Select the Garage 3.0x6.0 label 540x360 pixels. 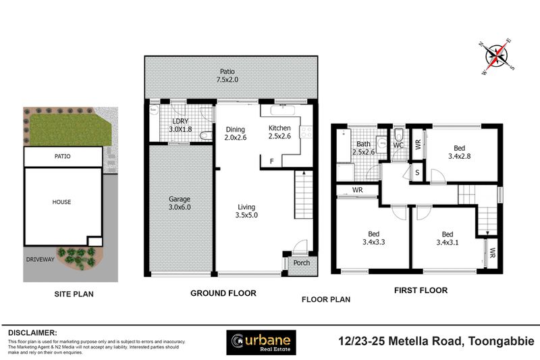point(180,203)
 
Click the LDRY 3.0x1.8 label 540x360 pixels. point(180,125)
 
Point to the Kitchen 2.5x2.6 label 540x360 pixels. point(279,132)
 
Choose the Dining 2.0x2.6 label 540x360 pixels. point(235,132)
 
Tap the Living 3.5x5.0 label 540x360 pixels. point(247,211)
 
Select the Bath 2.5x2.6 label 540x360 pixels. point(363,147)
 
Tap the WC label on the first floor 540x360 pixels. point(398,145)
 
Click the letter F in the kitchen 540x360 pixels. point(271,161)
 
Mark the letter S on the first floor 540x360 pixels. point(417,172)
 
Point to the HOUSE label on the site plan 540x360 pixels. point(61,201)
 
